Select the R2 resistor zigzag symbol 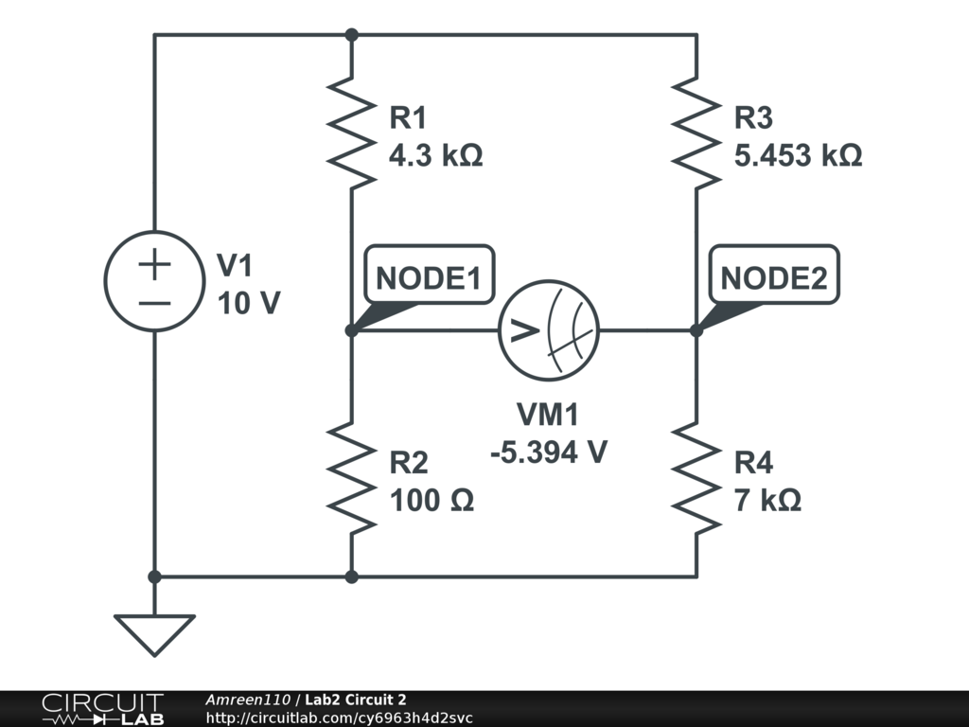[x=351, y=478]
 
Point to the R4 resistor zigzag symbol [x=696, y=478]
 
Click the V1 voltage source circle [x=154, y=281]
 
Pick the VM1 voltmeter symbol [x=549, y=330]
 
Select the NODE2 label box [x=773, y=279]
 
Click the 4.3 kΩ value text [x=436, y=156]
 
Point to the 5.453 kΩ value [x=798, y=156]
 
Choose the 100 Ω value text [x=432, y=500]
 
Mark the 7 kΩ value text [x=767, y=500]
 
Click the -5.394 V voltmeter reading [x=549, y=452]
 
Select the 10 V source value [x=249, y=303]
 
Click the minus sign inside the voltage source [x=154, y=303]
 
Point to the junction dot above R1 [x=351, y=35]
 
